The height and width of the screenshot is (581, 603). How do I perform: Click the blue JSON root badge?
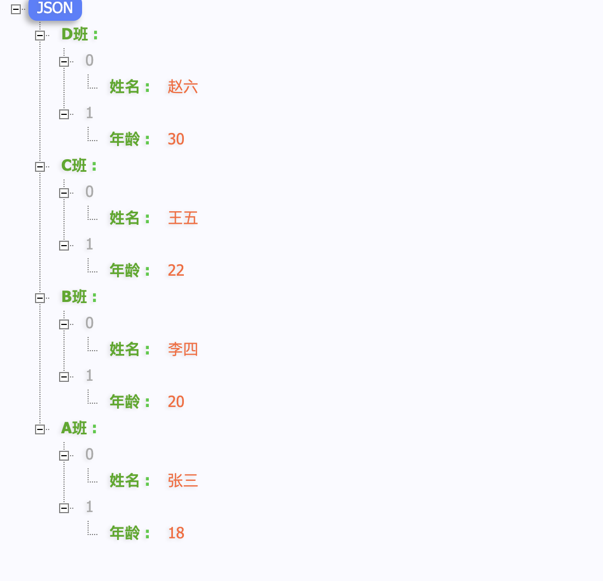click(x=55, y=9)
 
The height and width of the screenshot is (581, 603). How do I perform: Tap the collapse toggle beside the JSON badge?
click(x=16, y=9)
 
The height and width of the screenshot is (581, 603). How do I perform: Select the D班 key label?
click(x=74, y=34)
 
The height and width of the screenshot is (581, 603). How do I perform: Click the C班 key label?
click(x=74, y=166)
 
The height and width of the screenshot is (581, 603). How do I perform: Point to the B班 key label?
click(x=74, y=297)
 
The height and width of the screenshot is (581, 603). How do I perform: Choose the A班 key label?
click(x=74, y=428)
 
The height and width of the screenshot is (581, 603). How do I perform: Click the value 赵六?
click(x=183, y=86)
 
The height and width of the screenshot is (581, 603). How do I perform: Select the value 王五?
click(x=183, y=218)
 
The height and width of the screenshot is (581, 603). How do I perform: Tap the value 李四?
click(x=183, y=349)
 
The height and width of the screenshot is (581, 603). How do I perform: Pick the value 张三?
click(x=183, y=480)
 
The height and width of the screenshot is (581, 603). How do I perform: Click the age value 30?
click(x=176, y=139)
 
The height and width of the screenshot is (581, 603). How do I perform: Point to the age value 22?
click(x=176, y=270)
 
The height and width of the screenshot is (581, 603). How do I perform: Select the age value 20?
click(x=176, y=402)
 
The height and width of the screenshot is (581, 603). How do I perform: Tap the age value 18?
click(x=176, y=533)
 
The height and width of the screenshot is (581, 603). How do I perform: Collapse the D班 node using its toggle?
click(x=40, y=36)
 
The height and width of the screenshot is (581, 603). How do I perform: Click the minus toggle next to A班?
click(x=40, y=429)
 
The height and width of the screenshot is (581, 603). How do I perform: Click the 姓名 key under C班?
click(x=125, y=218)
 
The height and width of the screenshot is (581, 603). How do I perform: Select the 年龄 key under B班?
click(x=125, y=402)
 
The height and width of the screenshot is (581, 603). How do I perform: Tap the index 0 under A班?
click(x=89, y=454)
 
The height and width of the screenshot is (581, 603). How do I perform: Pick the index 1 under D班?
click(x=89, y=113)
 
